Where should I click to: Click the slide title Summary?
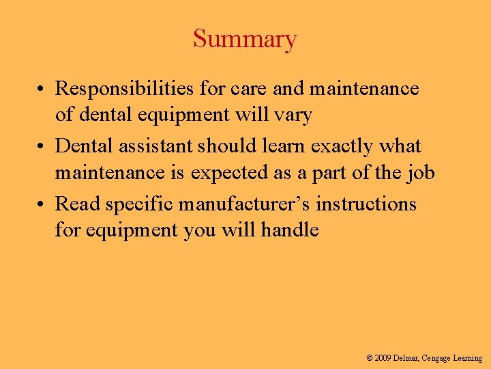245,39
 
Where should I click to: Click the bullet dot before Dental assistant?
42,147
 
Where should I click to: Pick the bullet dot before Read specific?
42,204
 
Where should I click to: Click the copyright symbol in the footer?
370,358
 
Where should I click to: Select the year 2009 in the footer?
383,358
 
